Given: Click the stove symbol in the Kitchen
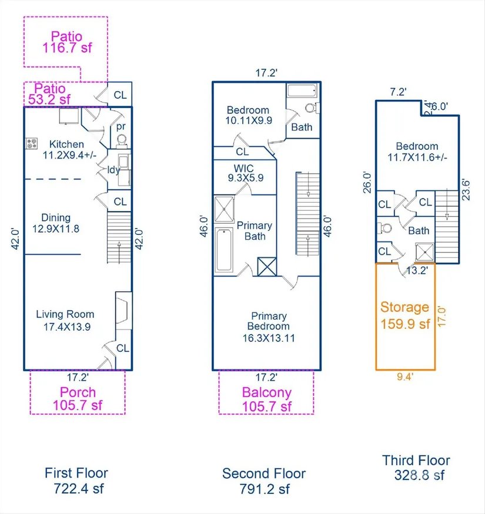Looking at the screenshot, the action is click(32, 143).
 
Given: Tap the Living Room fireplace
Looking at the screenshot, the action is click(123, 310).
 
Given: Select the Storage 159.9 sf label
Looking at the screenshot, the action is click(405, 315).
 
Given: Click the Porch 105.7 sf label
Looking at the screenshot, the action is click(78, 399).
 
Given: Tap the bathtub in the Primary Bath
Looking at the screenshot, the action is click(224, 250).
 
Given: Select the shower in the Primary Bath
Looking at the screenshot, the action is click(224, 209).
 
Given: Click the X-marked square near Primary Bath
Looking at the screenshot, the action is click(267, 267).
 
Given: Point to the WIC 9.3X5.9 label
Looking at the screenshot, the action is click(246, 173).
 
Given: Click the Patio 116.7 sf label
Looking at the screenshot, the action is click(67, 42).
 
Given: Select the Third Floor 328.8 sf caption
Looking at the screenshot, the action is click(417, 468).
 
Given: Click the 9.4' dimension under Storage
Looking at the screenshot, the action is click(405, 377).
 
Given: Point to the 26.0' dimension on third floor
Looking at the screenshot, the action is click(367, 182).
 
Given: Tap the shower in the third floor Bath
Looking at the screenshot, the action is click(424, 252).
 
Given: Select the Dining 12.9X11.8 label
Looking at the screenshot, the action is click(56, 223).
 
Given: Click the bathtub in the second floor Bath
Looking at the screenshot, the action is click(302, 90).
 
